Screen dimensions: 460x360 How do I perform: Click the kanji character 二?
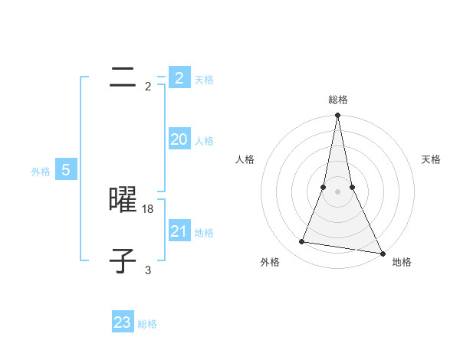[x=123, y=77]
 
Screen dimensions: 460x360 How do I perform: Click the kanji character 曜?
[x=123, y=199]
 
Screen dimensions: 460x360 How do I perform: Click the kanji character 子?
[x=123, y=260]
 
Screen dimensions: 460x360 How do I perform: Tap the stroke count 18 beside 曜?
[x=148, y=208]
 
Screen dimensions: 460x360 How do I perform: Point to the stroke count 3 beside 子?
[x=148, y=270]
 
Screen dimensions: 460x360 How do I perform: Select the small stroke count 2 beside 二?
[x=148, y=86]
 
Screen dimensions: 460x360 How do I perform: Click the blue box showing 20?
[x=179, y=139]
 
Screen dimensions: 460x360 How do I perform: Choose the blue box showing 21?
[x=179, y=231]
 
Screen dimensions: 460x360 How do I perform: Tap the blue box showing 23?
[x=123, y=322]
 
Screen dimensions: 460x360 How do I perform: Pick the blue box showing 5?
[x=66, y=170]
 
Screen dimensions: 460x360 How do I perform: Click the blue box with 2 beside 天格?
[x=179, y=78]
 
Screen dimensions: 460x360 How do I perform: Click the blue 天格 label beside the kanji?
[x=204, y=80]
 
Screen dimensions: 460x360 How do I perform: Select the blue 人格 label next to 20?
[x=204, y=141]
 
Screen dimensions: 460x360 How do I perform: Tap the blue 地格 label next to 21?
[x=204, y=233]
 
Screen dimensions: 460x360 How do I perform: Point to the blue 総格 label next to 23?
[x=147, y=324]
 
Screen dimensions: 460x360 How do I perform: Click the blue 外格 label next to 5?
[x=41, y=172]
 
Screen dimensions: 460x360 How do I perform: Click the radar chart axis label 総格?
[x=337, y=100]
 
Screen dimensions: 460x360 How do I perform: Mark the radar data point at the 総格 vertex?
[x=337, y=116]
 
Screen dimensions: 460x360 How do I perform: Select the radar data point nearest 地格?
[x=381, y=253]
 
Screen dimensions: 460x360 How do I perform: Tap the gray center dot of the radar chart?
[x=337, y=191]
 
